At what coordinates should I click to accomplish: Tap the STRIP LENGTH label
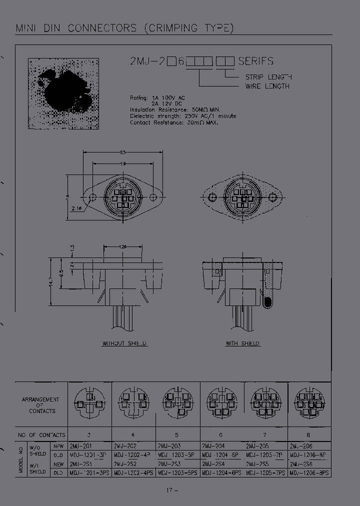[268, 77]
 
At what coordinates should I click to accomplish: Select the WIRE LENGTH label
[267, 86]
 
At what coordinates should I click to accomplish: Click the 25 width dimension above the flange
[122, 152]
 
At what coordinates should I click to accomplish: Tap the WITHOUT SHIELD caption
[125, 343]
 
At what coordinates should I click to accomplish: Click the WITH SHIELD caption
[242, 343]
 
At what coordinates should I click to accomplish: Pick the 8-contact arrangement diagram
[309, 403]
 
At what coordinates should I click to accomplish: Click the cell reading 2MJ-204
[212, 445]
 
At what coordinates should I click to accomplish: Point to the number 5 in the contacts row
[176, 434]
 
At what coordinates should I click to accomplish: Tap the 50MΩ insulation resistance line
[175, 109]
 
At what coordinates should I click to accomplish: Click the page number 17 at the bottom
[170, 490]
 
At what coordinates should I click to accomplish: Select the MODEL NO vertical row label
[21, 459]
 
